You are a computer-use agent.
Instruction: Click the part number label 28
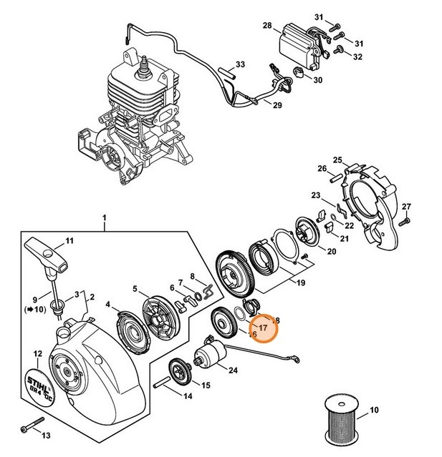pyautogui.click(x=266, y=26)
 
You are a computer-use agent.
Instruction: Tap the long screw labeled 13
pyautogui.click(x=28, y=428)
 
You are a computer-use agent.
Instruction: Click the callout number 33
pyautogui.click(x=240, y=65)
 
